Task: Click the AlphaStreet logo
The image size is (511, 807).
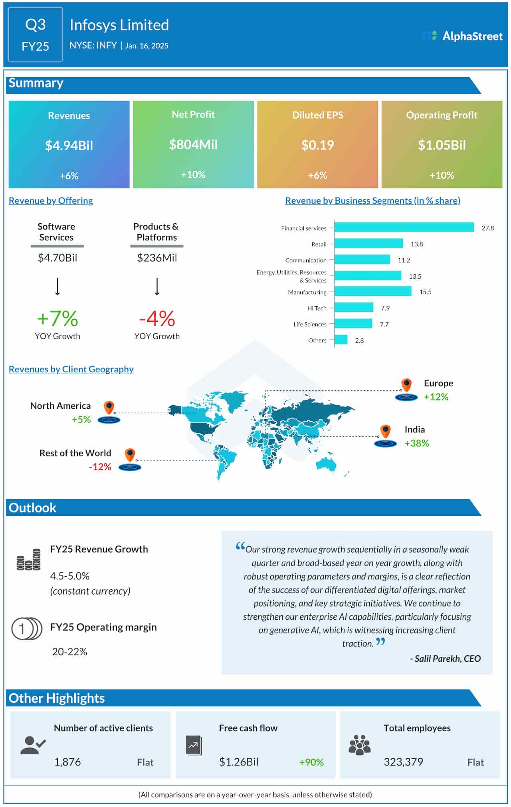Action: click(462, 36)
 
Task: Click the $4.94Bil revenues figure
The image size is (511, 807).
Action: click(69, 145)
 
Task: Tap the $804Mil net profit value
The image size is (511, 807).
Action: click(193, 145)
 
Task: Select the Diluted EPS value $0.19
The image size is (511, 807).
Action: click(317, 145)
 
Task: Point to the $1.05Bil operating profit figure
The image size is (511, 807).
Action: click(442, 145)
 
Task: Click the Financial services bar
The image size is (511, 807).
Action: click(404, 227)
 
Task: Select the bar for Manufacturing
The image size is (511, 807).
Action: click(372, 291)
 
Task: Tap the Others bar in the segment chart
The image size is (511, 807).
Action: click(341, 340)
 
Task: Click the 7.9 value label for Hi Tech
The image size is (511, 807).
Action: click(385, 308)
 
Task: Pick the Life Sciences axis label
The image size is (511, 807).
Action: click(310, 324)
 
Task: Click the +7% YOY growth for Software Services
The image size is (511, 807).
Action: click(57, 318)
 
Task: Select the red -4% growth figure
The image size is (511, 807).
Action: click(157, 318)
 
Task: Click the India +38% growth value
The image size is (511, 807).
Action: click(416, 443)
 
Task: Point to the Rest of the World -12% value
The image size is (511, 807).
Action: click(100, 467)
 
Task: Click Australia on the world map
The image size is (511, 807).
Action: click(326, 464)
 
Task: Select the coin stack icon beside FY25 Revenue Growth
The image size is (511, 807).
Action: click(29, 559)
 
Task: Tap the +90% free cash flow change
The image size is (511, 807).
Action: click(311, 762)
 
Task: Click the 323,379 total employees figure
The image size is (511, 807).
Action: click(403, 762)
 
